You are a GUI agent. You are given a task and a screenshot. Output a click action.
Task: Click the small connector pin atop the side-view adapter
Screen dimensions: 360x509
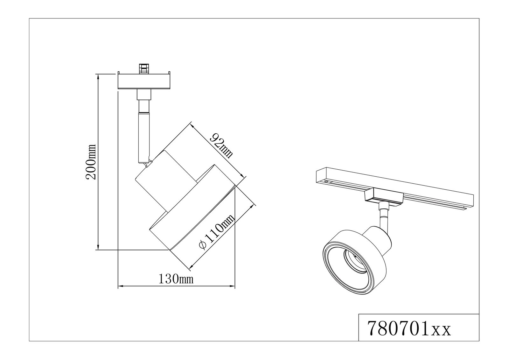pos(144,69)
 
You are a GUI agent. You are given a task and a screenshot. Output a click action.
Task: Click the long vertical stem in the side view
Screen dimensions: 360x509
pos(143,137)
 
